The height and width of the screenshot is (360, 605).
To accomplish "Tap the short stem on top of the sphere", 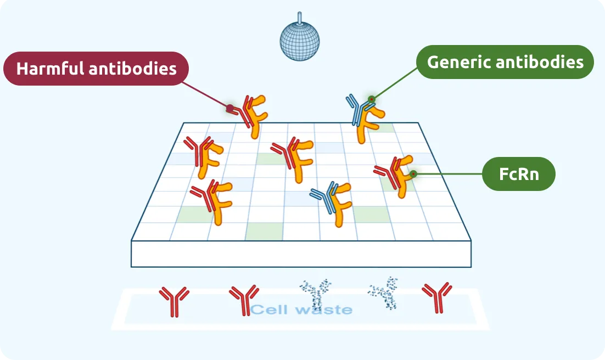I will pos(299,17).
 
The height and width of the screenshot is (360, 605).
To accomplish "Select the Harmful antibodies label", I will pos(97,69).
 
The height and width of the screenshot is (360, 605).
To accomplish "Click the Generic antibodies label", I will pos(505,62).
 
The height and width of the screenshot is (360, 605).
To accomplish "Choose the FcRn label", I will pos(518,174).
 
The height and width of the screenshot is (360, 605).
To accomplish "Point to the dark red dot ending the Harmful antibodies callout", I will pos(231,108).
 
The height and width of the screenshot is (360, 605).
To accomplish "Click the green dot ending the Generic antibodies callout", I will pos(372,99).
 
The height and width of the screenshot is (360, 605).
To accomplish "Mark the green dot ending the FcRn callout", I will pos(413,174).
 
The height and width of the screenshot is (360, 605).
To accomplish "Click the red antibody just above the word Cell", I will pos(243,300).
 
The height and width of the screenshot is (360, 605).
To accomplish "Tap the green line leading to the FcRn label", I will pos(447,174).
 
